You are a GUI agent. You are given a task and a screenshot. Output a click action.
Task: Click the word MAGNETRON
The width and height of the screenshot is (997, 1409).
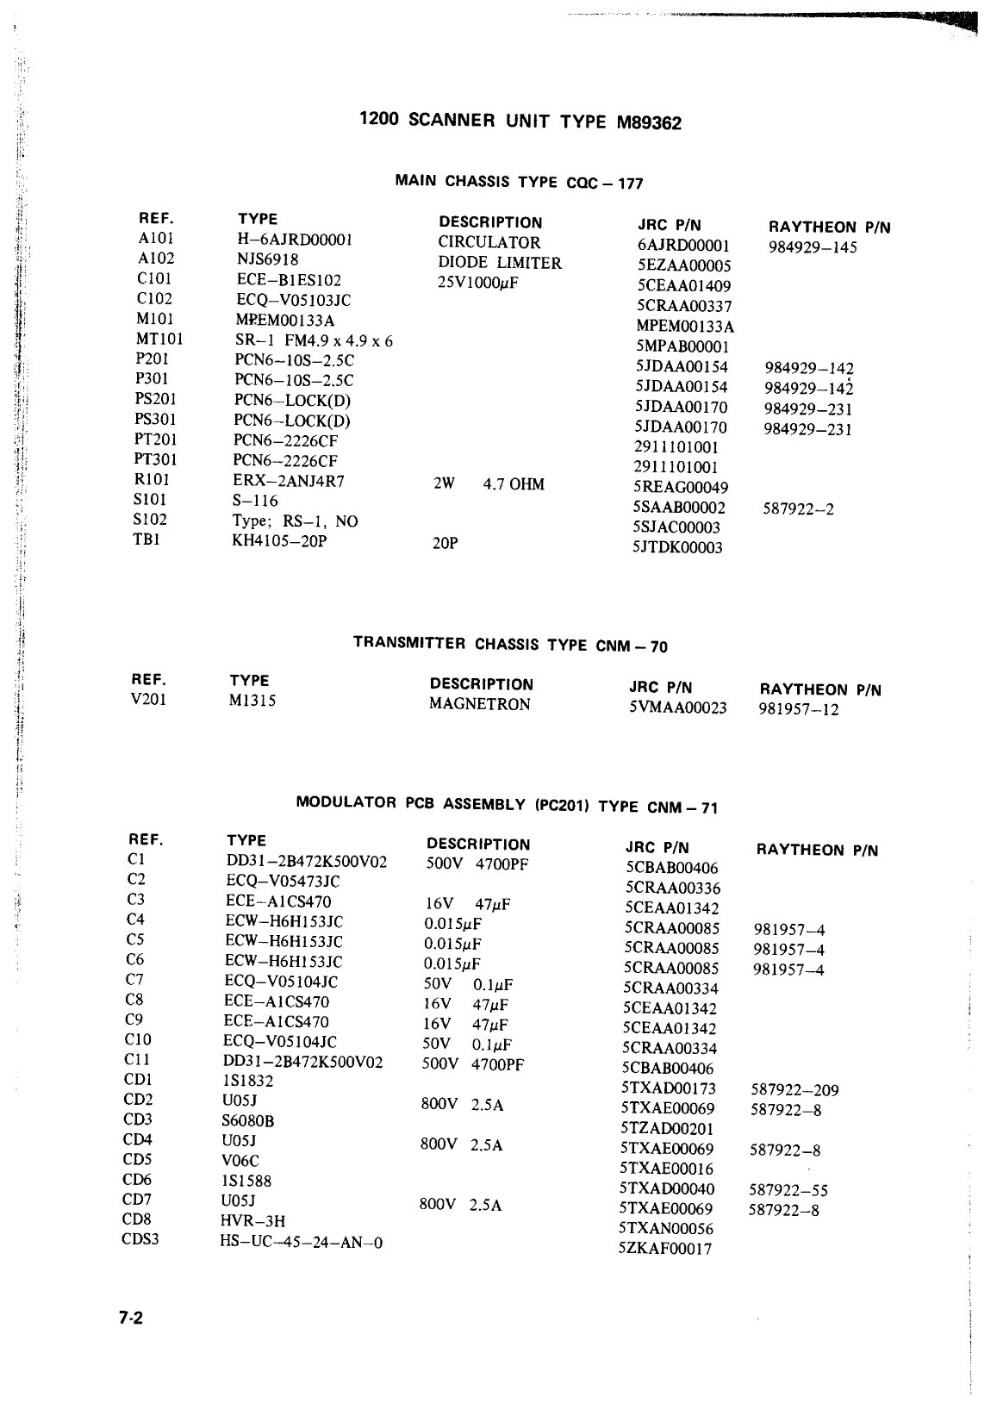click(x=480, y=704)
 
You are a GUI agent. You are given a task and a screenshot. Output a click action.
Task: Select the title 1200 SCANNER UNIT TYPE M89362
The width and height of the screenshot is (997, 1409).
click(x=520, y=122)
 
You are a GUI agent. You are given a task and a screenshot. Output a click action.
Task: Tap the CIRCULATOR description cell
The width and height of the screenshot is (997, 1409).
click(x=489, y=243)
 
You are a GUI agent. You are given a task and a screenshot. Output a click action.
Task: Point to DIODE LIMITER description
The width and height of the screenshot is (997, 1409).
click(x=499, y=263)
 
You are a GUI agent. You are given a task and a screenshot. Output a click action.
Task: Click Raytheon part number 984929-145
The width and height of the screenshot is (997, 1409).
click(x=813, y=248)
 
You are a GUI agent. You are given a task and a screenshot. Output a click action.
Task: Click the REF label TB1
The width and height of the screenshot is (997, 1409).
click(x=146, y=539)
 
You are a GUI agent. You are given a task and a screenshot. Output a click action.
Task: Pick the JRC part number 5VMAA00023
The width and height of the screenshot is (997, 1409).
click(x=677, y=708)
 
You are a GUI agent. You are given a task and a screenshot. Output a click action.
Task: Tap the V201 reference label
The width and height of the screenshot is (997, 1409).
click(x=148, y=699)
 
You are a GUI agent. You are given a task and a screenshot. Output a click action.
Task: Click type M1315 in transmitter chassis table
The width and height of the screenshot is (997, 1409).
click(x=252, y=701)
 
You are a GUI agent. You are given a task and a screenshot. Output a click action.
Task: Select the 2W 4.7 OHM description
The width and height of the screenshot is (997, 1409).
click(x=488, y=484)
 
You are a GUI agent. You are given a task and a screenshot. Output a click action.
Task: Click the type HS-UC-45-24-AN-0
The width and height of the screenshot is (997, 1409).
click(x=302, y=1242)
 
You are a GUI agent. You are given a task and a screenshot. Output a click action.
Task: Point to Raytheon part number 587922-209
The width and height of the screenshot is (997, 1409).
click(x=794, y=1090)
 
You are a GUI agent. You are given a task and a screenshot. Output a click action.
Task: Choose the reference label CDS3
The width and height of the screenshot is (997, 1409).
click(x=140, y=1240)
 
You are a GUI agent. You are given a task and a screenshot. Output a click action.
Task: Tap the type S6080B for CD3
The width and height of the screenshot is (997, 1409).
click(x=247, y=1121)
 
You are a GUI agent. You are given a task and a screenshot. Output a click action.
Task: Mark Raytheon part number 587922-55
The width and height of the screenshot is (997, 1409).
click(x=788, y=1190)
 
